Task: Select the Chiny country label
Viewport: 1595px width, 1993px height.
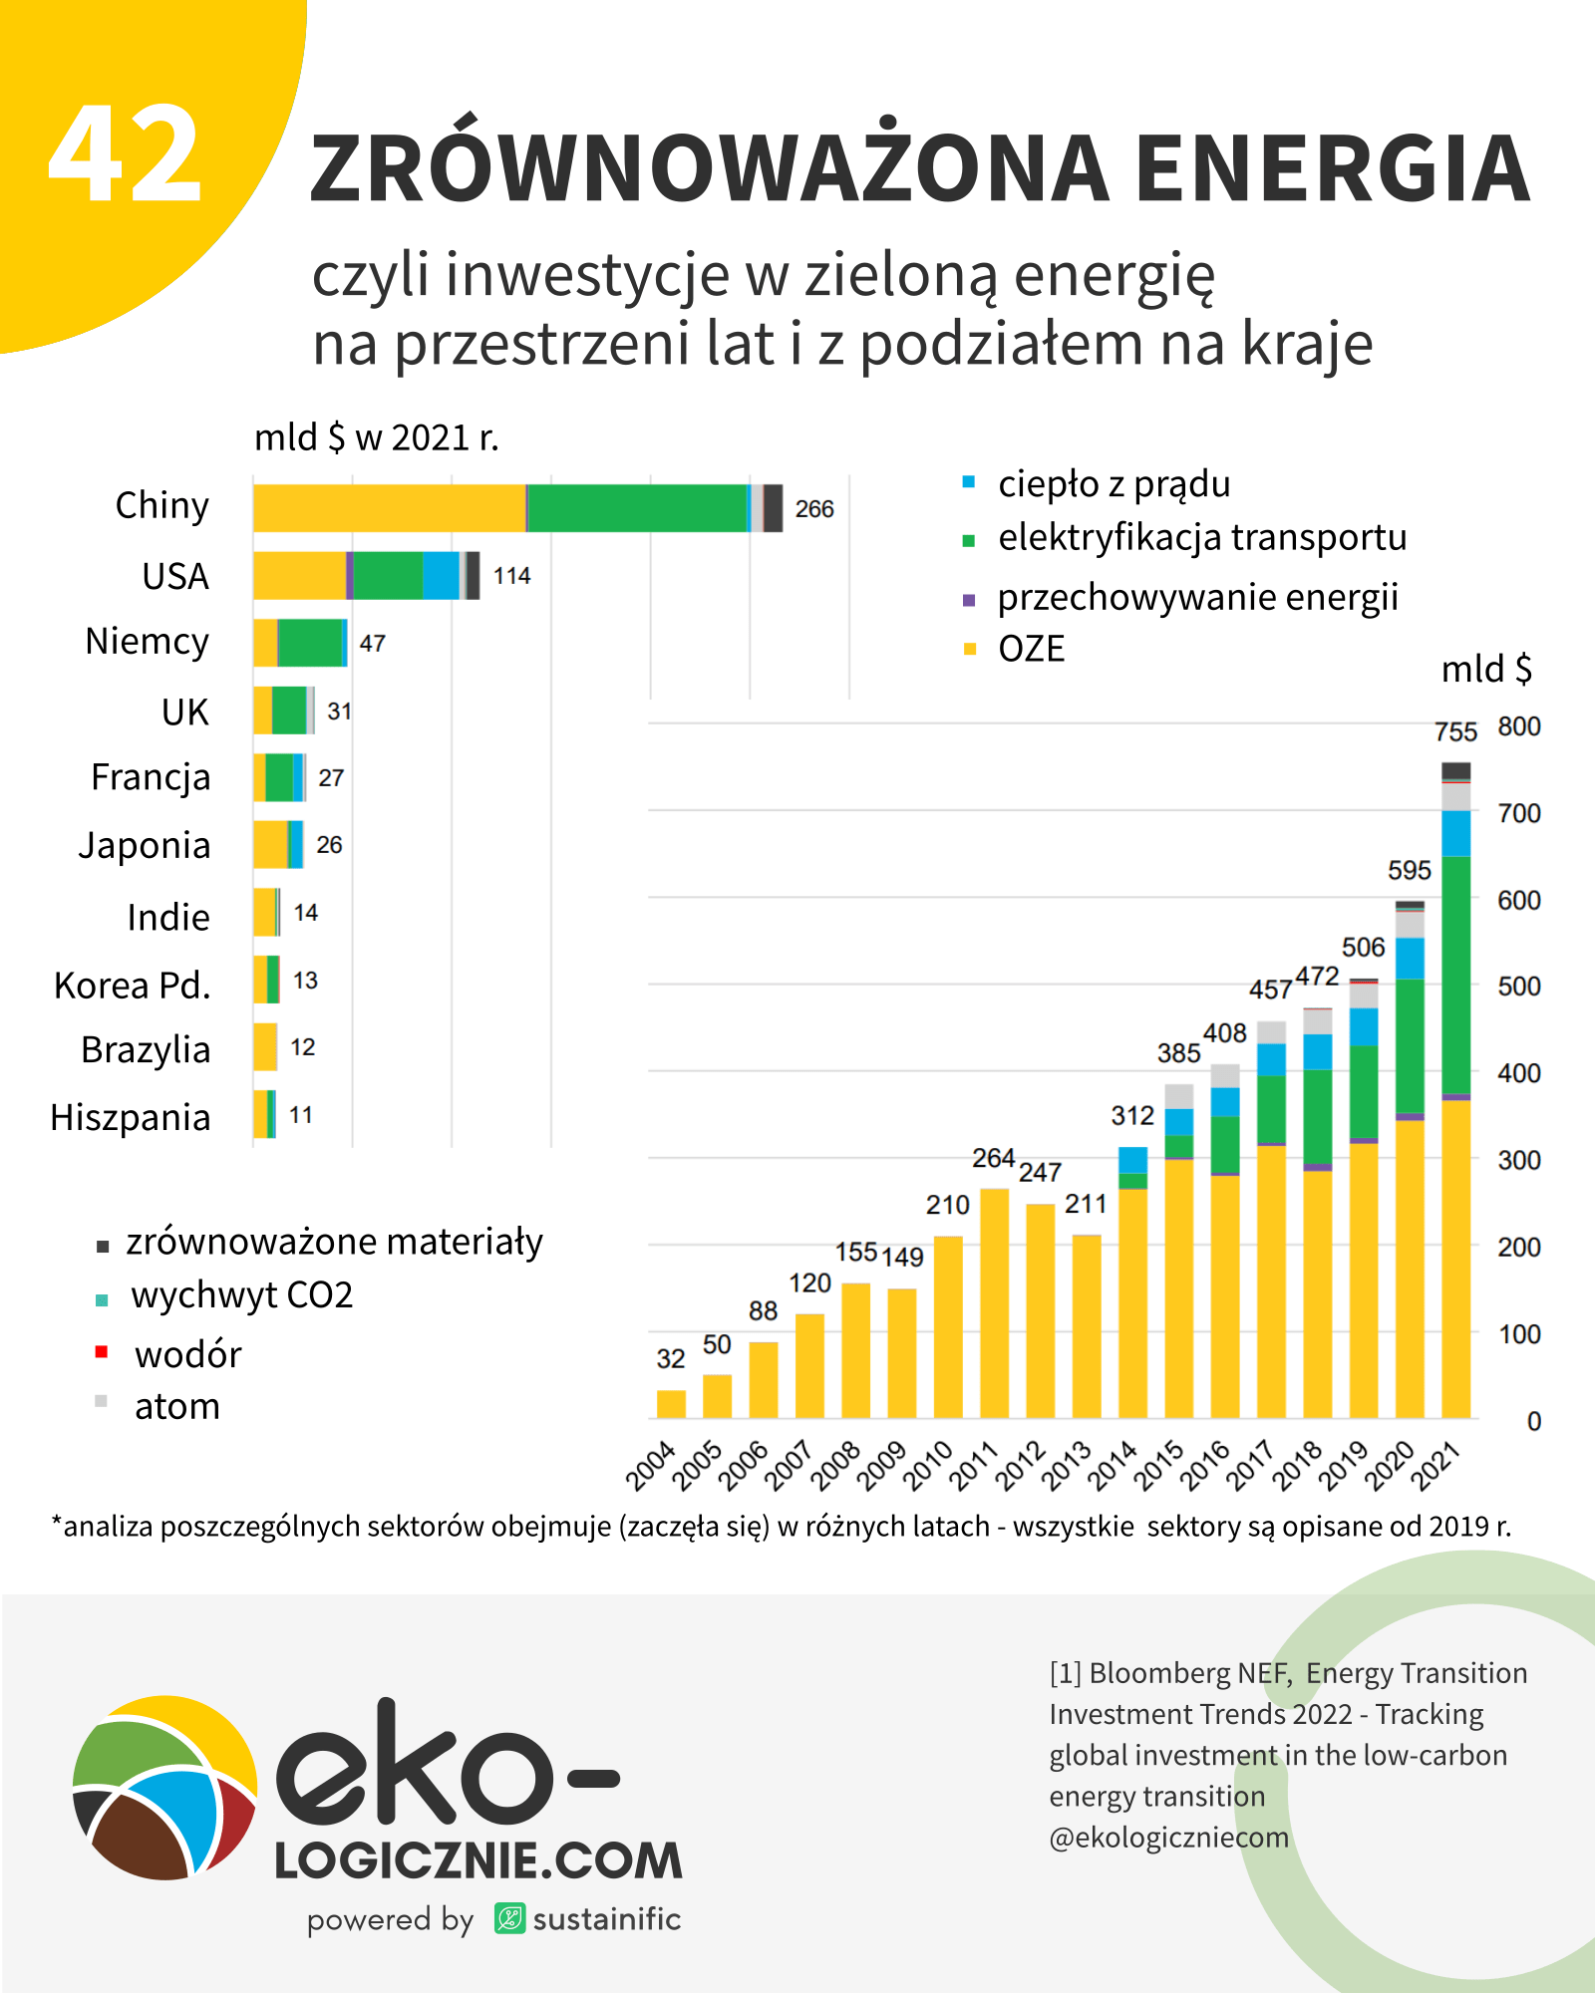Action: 162,505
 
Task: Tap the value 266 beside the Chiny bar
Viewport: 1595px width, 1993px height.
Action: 813,509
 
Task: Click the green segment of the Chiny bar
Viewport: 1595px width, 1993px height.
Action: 637,508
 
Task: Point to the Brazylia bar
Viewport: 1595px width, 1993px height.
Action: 265,1047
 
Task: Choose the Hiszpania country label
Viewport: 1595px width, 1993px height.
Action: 131,1117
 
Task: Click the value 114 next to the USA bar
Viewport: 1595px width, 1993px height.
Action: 511,576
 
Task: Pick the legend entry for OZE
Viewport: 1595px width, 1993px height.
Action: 1031,649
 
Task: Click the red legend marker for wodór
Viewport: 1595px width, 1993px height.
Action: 102,1352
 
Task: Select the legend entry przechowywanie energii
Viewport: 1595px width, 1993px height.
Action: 1197,597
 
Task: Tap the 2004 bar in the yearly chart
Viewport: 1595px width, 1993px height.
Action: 671,1403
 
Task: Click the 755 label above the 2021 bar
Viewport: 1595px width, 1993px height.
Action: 1455,732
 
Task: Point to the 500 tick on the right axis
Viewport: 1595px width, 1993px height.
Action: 1518,987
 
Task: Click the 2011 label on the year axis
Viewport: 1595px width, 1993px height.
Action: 973,1466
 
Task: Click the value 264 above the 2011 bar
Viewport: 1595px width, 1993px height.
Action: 993,1158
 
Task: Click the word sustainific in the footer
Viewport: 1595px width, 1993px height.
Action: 606,1919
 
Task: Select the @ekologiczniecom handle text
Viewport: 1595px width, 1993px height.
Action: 1168,1838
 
